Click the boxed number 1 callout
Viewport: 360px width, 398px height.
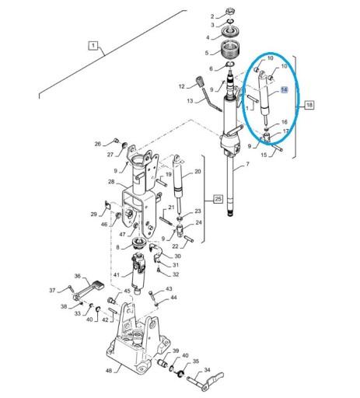[x=93, y=46]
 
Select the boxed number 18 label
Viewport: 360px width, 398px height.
[x=309, y=105]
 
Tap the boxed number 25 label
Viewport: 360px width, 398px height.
[x=218, y=199]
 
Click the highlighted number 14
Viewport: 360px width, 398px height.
[x=285, y=89]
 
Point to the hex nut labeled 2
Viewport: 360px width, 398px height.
[x=229, y=12]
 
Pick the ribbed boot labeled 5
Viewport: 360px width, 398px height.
[x=231, y=51]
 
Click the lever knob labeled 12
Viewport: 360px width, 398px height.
[x=200, y=82]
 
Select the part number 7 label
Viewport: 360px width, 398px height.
[x=248, y=164]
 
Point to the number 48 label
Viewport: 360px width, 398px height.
[x=109, y=371]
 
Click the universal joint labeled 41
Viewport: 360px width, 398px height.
[x=139, y=273]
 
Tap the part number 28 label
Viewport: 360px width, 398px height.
[x=111, y=182]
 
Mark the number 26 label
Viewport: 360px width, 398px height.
[x=97, y=144]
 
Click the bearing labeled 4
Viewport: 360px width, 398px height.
[x=229, y=33]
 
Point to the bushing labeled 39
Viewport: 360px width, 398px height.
[x=163, y=364]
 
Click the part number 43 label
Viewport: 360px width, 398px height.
[x=169, y=288]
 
